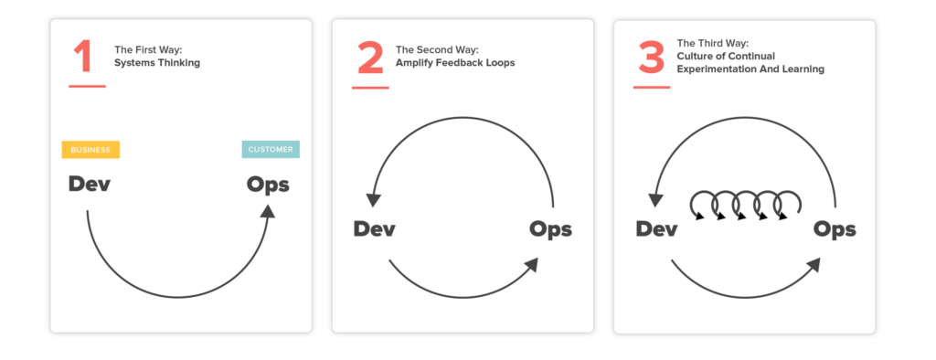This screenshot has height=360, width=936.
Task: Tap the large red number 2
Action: click(370, 58)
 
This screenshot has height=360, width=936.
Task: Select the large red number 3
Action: click(651, 58)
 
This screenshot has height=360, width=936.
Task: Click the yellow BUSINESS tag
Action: click(90, 150)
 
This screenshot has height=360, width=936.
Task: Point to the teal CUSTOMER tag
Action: click(271, 150)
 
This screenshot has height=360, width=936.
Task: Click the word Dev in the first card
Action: click(90, 184)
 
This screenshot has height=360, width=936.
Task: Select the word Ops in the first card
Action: click(268, 185)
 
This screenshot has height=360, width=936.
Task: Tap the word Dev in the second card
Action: click(375, 228)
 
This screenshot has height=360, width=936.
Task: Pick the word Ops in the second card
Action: click(551, 228)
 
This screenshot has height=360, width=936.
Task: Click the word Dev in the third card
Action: click(656, 228)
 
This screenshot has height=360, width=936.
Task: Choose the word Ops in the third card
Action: click(835, 228)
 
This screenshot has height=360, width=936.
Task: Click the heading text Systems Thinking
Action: click(157, 64)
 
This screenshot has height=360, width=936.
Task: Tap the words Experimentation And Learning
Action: click(738, 69)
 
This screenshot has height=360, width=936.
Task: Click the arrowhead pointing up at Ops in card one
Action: click(267, 211)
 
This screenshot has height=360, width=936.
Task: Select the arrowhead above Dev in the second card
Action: click(373, 203)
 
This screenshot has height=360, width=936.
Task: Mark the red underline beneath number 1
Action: click(87, 87)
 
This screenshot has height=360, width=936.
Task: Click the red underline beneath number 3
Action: click(652, 87)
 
